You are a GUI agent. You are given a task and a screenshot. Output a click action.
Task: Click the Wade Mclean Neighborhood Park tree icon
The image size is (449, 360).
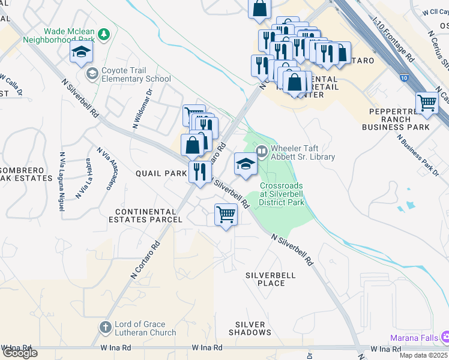104,34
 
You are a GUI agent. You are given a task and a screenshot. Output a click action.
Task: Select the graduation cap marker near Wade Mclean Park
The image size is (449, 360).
81,53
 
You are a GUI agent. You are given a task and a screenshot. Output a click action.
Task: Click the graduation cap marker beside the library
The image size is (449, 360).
246,165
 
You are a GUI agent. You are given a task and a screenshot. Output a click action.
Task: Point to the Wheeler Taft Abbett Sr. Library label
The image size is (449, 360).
303,152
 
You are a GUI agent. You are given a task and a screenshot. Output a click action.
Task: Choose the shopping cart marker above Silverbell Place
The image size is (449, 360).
226,214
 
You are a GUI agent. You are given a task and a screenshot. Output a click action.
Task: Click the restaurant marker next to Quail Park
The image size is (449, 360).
200,172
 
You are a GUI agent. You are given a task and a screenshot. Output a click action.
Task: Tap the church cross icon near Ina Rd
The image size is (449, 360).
105,328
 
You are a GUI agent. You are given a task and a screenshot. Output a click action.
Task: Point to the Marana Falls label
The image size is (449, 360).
414,338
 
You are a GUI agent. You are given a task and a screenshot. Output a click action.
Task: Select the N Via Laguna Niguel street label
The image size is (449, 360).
61,181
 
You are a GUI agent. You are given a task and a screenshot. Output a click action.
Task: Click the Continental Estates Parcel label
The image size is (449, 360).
148,215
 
